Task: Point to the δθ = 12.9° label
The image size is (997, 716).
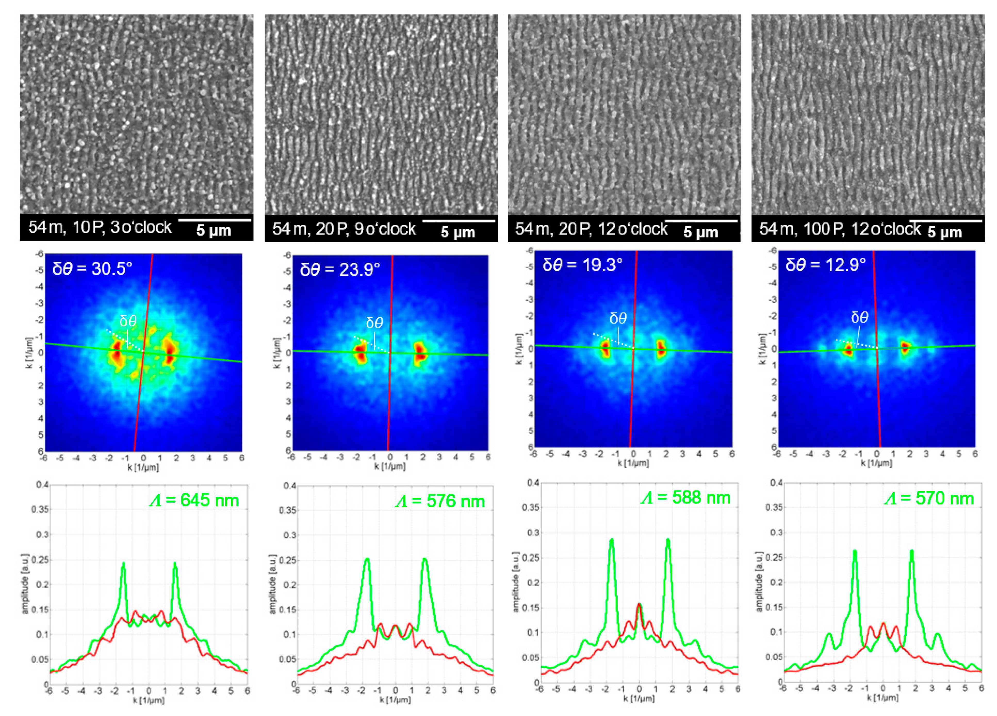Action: [x=825, y=265]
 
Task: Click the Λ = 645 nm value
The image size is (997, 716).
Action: [x=194, y=501]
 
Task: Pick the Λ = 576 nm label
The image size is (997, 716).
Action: [x=440, y=501]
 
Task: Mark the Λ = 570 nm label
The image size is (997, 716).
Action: [x=929, y=498]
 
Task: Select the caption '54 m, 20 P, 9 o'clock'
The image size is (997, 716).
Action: [x=344, y=229]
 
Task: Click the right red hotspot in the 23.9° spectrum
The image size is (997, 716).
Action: [x=420, y=352]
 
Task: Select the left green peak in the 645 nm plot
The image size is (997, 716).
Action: [x=124, y=564]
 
